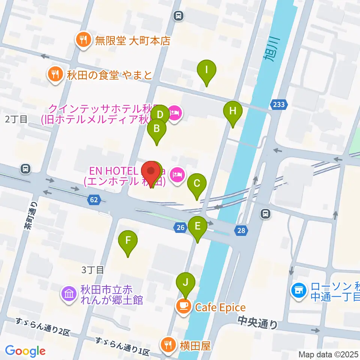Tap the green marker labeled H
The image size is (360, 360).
click(233, 111)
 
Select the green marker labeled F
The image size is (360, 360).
click(128, 240)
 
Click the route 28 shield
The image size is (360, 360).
click(241, 231)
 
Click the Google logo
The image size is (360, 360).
click(25, 351)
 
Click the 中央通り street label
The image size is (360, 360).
click(258, 321)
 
